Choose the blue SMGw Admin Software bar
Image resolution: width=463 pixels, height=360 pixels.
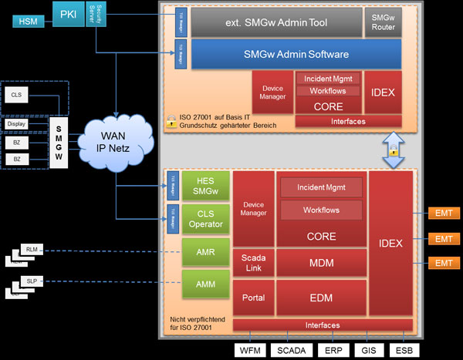(x=296, y=55)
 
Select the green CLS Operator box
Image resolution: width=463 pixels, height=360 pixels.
(x=206, y=219)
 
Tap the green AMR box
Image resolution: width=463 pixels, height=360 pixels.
(x=206, y=253)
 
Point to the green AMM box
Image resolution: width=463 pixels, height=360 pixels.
(x=206, y=284)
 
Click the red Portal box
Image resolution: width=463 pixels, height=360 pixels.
(x=253, y=297)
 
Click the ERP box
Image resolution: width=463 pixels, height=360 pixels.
(x=332, y=349)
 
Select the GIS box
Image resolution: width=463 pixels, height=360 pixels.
(x=367, y=349)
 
